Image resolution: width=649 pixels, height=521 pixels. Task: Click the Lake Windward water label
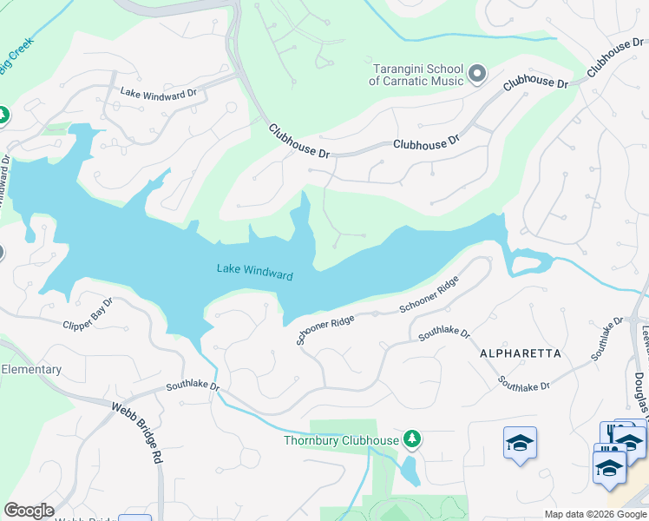(x=254, y=272)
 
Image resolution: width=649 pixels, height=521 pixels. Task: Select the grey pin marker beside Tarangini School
(x=476, y=75)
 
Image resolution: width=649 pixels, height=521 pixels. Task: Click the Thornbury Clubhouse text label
(x=341, y=440)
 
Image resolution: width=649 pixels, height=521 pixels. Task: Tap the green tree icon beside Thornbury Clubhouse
(x=412, y=439)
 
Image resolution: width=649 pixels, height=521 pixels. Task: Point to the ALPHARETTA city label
(x=520, y=353)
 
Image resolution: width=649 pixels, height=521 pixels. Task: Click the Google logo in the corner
(x=29, y=511)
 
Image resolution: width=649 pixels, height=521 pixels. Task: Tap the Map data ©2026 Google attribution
(x=594, y=514)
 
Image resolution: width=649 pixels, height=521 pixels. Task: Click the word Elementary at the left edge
(x=31, y=369)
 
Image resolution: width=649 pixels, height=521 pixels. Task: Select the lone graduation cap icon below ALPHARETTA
(x=520, y=443)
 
